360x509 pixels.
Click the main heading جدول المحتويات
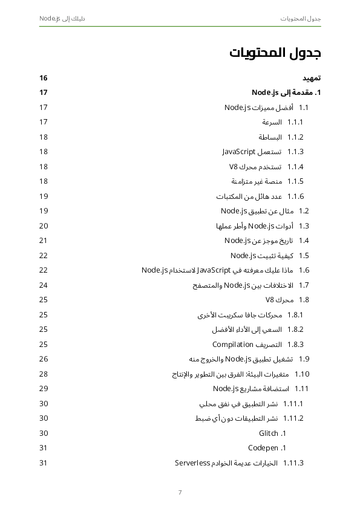point(275,53)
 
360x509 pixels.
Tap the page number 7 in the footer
point(180,492)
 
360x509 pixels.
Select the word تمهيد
point(311,78)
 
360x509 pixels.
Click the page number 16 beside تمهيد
point(44,78)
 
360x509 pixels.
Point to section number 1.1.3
point(295,152)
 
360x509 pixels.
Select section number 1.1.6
point(295,196)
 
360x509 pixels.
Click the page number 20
point(44,225)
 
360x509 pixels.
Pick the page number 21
point(44,241)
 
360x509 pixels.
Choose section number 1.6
point(304,270)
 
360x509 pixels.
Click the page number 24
point(44,285)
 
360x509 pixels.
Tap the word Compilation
point(232,345)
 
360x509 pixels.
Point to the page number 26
point(44,359)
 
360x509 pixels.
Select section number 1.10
point(302,374)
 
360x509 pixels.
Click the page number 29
point(44,389)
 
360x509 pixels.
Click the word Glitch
point(268,433)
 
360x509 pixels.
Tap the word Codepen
point(263,448)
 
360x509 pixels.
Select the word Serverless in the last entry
point(192,463)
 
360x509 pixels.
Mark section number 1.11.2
point(293,418)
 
